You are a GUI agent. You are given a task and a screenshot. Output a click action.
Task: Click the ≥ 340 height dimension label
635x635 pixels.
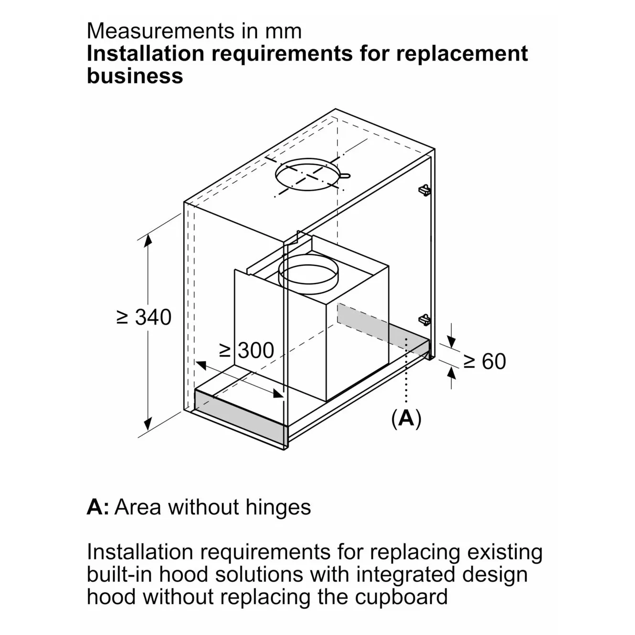pos(144,317)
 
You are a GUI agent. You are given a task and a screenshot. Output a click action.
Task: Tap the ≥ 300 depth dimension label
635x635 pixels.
pos(246,351)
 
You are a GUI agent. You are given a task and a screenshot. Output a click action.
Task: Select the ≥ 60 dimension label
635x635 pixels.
pos(485,361)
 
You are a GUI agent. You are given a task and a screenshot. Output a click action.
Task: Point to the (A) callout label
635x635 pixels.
pos(406,418)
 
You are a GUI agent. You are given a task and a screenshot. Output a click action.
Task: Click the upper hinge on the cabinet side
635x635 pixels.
pos(424,190)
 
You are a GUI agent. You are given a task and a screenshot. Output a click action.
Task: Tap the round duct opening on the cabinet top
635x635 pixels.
pos(308,176)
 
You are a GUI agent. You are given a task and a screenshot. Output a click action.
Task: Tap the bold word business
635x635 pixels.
pos(135,76)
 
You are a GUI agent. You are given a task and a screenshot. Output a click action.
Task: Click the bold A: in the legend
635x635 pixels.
pos(98,507)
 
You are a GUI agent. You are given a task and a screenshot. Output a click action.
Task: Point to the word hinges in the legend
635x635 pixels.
pos(278,507)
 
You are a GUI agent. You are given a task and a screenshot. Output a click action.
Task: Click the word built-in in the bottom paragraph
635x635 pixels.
pos(119,574)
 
